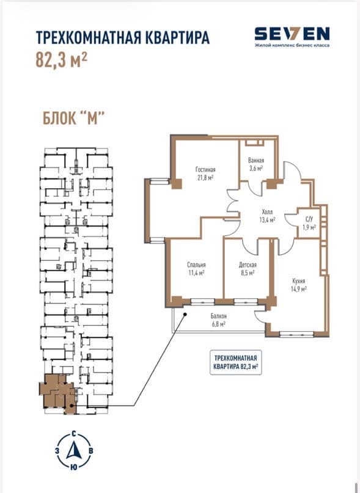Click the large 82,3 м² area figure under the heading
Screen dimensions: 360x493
pos(61,60)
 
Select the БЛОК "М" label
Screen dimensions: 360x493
pos(73,119)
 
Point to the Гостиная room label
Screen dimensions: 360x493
pos(205,170)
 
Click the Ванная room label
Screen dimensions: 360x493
pos(256,161)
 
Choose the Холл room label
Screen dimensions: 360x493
pos(267,212)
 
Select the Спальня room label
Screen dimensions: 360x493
pos(196,265)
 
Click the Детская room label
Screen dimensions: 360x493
pos(248,265)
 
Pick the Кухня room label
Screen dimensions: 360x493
pos(299,281)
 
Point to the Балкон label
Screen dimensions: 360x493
pos(218,316)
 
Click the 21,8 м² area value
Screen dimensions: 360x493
pos(206,178)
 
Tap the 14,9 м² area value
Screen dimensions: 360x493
pos(299,288)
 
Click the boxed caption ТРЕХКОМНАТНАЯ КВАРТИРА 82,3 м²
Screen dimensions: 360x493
pos(236,362)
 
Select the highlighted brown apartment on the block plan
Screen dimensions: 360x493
pos(57,393)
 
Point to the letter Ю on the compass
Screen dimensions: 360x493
pos(73,467)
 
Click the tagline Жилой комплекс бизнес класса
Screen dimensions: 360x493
pos(292,45)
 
